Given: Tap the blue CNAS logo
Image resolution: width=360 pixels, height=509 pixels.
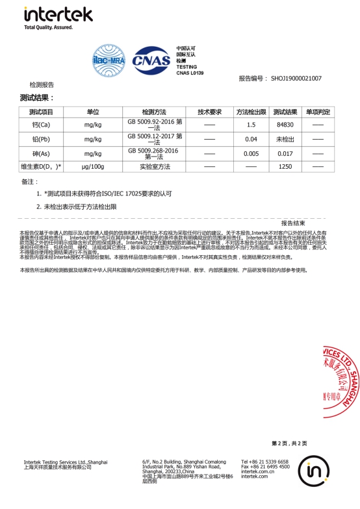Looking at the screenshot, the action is click(x=151, y=60).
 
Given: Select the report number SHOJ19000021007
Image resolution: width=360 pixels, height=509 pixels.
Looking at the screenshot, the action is click(x=296, y=78).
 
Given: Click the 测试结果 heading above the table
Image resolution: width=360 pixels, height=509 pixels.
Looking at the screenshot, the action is click(x=37, y=97).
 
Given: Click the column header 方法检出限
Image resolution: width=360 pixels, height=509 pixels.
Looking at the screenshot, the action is click(x=251, y=112).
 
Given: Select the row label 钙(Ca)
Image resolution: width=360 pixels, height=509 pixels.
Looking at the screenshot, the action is click(x=41, y=125).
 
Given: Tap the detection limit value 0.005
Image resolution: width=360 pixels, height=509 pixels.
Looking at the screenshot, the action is click(x=251, y=154).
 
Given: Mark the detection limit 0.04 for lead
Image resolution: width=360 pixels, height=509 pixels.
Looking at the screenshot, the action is click(x=251, y=140).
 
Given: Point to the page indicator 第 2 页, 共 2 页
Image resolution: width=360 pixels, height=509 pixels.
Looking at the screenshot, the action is click(x=289, y=443).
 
